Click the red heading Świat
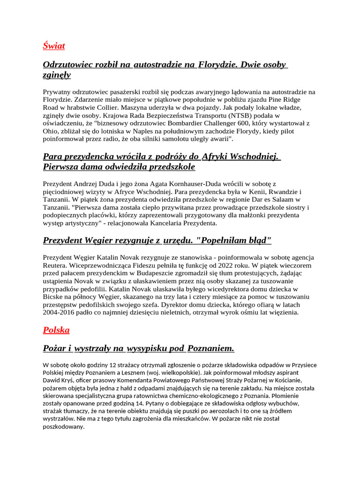tap(54, 46)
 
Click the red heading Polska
tap(56, 330)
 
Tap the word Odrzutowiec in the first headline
tap(66, 65)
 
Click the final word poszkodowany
tap(64, 427)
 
